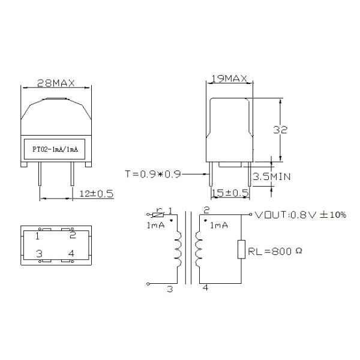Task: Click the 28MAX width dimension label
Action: pos(56,83)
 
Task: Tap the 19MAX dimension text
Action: pos(229,79)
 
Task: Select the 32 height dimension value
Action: pos(280,130)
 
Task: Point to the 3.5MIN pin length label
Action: pos(272,176)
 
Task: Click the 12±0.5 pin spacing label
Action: pos(97,194)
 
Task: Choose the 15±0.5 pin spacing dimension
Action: pos(230,193)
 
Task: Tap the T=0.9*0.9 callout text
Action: pos(153,174)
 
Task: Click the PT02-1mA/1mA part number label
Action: pos(55,149)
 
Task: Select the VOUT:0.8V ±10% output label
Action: pos(301,215)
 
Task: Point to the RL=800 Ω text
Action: pos(275,251)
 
